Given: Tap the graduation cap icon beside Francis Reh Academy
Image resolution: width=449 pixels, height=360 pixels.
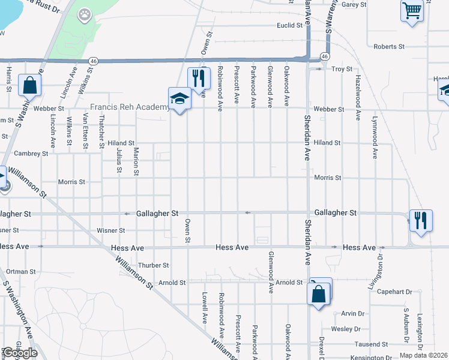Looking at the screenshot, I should [179, 98].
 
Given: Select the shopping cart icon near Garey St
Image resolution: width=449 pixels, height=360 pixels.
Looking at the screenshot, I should [412, 10].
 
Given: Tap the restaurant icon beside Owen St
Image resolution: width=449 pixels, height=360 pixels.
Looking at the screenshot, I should [199, 77].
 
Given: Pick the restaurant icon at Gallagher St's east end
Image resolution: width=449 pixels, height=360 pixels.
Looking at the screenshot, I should [421, 220].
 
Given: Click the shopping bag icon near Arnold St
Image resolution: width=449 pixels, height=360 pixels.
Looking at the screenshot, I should [319, 293].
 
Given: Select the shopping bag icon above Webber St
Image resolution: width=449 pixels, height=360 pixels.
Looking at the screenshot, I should [29, 86].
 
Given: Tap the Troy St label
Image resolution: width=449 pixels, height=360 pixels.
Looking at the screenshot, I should [342, 70].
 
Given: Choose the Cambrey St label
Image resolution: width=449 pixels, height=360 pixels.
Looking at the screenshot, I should [31, 154].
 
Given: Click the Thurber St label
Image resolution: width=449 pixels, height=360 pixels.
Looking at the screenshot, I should [154, 265].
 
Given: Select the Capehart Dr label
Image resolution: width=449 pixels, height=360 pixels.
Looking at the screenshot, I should [394, 292].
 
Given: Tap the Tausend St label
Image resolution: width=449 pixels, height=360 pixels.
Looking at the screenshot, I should [370, 344].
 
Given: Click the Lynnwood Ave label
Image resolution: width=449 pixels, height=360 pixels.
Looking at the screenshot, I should [375, 137].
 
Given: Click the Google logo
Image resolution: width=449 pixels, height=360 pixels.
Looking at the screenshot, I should [20, 353].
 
